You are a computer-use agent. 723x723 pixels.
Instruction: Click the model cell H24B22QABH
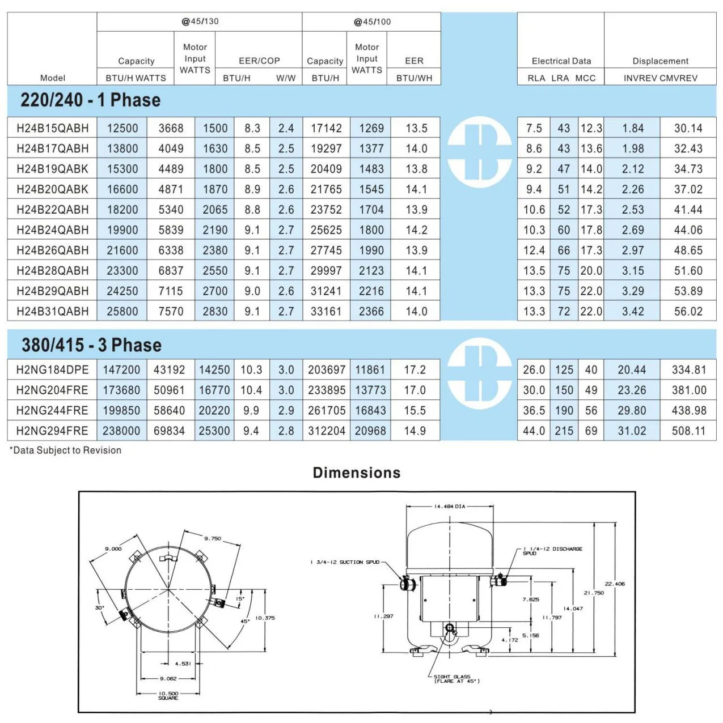click(x=52, y=210)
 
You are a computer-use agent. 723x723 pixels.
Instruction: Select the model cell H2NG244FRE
click(x=52, y=410)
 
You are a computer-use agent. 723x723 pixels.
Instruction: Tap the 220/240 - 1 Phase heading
click(x=91, y=100)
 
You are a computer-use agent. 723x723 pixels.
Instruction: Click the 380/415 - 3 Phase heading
click(x=91, y=345)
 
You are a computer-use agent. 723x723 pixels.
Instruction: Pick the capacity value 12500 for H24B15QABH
click(x=122, y=128)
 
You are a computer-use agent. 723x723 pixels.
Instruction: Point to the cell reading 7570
click(x=171, y=311)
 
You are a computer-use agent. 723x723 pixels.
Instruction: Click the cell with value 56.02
click(x=688, y=311)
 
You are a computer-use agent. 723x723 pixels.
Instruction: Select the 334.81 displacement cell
click(x=688, y=369)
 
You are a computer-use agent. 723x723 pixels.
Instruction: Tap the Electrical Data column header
click(x=561, y=61)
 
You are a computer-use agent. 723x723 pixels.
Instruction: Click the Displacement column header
click(x=660, y=61)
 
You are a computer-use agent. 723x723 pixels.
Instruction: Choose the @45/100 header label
click(x=372, y=22)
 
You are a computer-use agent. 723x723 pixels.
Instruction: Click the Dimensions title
click(x=357, y=473)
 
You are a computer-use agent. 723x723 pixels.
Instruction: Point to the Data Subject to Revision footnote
click(x=66, y=450)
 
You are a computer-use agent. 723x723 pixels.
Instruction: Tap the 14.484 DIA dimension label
click(x=449, y=507)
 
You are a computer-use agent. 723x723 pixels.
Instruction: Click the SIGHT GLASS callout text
click(x=456, y=679)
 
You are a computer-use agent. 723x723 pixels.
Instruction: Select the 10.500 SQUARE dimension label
click(x=168, y=695)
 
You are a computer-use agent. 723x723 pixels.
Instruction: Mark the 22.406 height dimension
click(x=614, y=584)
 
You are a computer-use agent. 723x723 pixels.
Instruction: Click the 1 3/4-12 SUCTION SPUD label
click(x=345, y=562)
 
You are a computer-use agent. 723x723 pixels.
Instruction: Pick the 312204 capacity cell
click(x=326, y=431)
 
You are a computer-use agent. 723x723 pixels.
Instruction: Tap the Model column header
click(x=52, y=78)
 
